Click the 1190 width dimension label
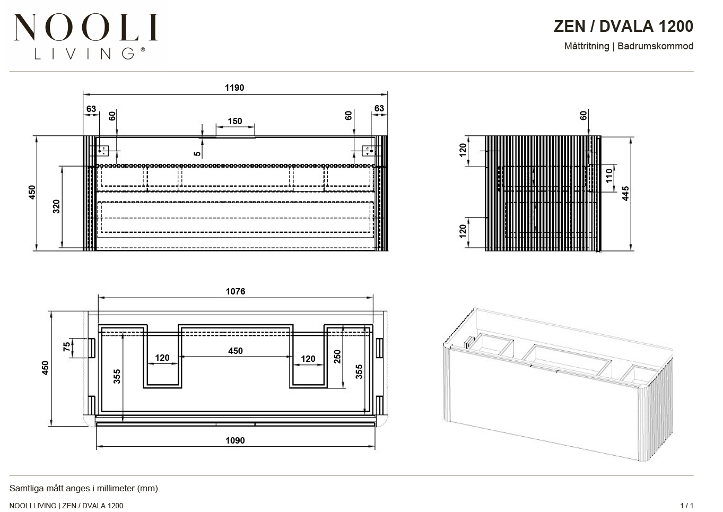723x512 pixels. tap(234, 88)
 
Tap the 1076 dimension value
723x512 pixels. tap(236, 291)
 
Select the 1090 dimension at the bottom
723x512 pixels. tap(235, 440)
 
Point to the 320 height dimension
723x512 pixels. tap(56, 206)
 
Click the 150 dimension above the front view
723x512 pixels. tap(234, 121)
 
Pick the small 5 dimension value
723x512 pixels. tap(197, 154)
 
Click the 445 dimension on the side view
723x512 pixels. tap(625, 193)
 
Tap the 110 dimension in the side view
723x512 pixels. tap(609, 176)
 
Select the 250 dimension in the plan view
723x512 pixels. tap(337, 357)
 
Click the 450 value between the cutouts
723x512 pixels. tap(236, 351)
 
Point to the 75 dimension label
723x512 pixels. tap(67, 347)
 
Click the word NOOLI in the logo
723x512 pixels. tap(86, 27)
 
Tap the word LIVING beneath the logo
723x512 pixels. tap(84, 54)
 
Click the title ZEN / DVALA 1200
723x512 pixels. tap(623, 26)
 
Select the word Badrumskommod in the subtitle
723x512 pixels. tap(655, 46)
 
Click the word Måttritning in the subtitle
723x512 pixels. tap(587, 46)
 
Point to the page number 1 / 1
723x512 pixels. tap(686, 506)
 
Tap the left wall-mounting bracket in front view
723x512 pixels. tap(103, 151)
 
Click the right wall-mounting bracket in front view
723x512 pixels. tap(368, 151)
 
